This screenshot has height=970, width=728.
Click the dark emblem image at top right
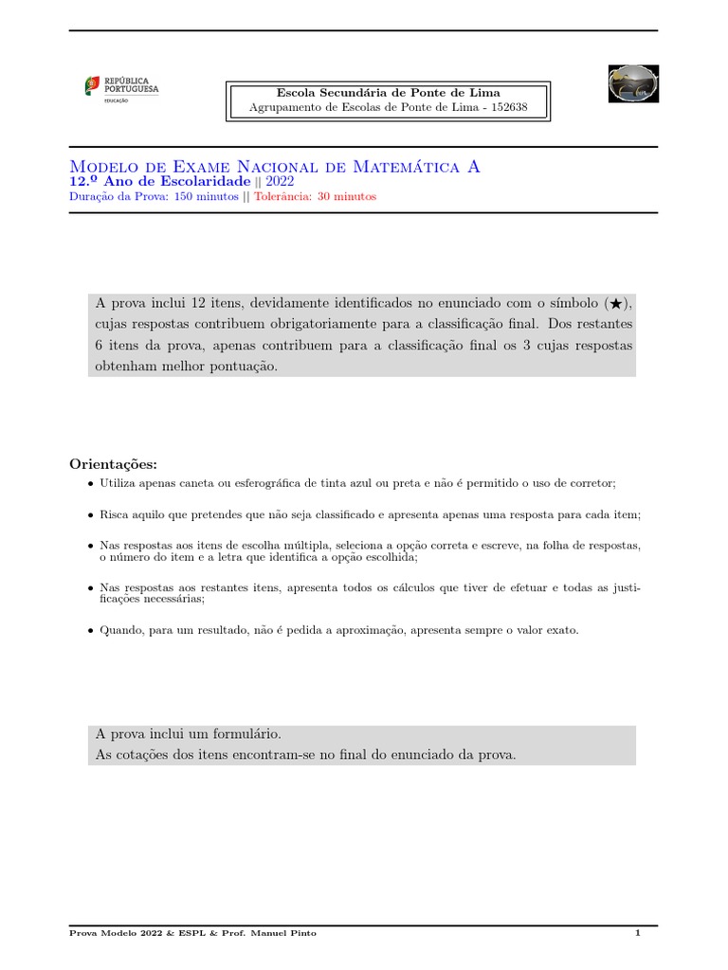coord(633,84)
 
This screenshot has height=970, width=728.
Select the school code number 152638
coord(507,108)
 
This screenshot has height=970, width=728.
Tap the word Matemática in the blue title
coord(407,167)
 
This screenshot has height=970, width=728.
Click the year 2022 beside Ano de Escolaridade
coord(282,181)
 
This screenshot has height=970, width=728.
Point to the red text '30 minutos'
coord(346,197)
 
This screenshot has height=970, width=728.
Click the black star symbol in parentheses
coord(615,304)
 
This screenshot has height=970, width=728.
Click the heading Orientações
coord(114,463)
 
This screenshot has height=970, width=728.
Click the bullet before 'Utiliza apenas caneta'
coord(90,484)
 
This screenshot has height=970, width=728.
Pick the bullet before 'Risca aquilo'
coord(90,515)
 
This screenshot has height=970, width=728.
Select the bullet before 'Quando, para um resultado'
coord(90,631)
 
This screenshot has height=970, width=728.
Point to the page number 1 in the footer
coord(638,934)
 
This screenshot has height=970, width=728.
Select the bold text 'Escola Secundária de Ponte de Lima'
coord(388,93)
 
